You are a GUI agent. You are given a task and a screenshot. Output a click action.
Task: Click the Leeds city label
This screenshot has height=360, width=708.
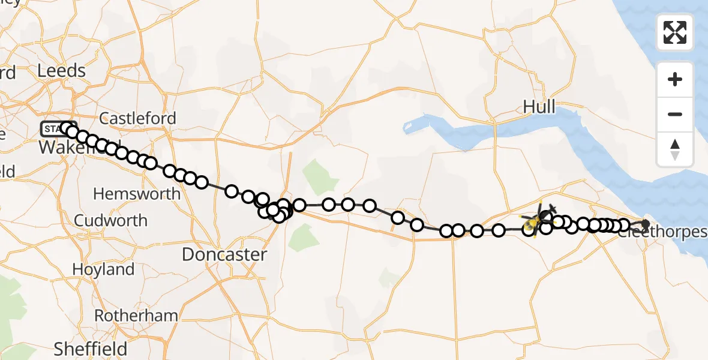click(61, 71)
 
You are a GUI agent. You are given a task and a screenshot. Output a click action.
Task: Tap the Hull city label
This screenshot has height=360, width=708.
click(539, 107)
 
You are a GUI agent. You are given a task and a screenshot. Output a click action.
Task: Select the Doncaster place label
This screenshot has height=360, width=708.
click(224, 254)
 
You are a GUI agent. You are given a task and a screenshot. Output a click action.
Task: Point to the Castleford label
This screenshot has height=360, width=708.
click(138, 118)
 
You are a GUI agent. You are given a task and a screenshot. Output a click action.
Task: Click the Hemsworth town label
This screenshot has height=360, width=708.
click(137, 194)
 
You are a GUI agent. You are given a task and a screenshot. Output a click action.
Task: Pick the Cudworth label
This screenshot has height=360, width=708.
click(111, 220)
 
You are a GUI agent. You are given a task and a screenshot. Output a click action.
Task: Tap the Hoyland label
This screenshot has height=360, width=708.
click(103, 269)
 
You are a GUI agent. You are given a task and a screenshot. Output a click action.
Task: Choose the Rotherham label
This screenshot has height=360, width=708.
click(136, 316)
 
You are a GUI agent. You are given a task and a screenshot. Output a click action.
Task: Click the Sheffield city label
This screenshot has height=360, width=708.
click(91, 349)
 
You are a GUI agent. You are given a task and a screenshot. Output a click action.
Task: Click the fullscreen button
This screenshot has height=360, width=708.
click(675, 32)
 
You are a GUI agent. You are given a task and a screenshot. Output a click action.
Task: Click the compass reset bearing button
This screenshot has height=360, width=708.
click(675, 149)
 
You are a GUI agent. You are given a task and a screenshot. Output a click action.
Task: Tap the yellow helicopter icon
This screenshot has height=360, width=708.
click(533, 223)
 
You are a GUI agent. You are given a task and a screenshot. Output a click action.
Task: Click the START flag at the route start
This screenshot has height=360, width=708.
click(52, 128)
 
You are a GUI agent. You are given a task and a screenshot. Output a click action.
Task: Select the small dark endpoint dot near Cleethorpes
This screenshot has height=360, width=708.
click(646, 224)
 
